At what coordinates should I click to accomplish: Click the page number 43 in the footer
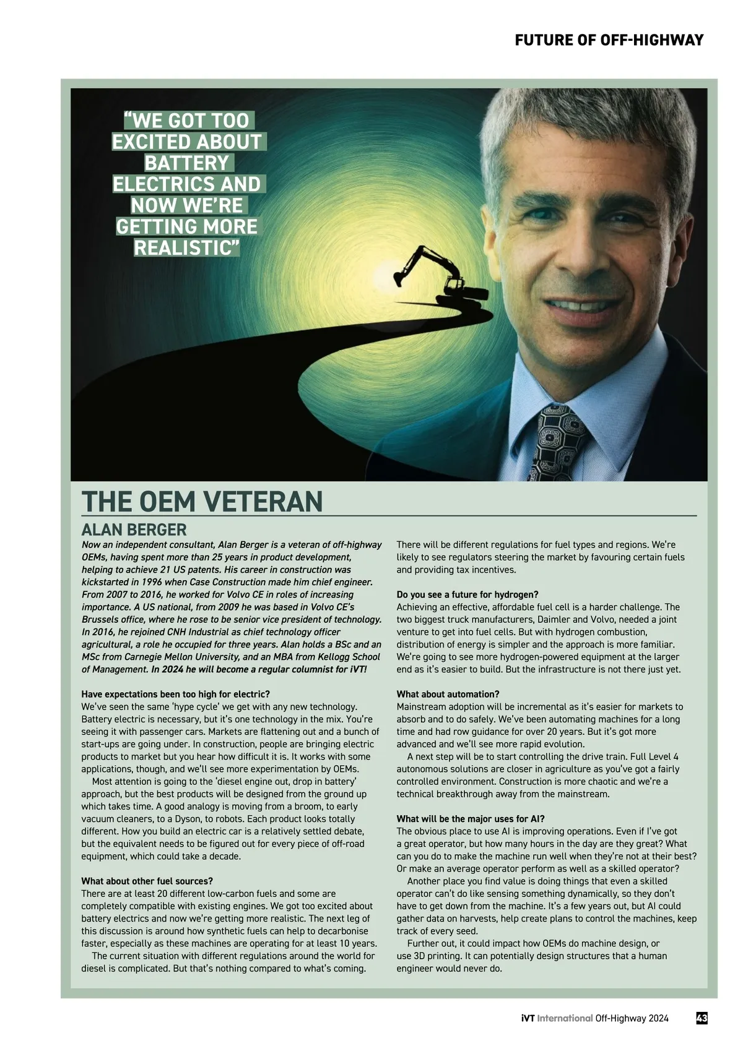click(702, 1018)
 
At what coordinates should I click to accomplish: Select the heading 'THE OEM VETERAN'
click(202, 501)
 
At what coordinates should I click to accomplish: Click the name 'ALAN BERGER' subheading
click(134, 530)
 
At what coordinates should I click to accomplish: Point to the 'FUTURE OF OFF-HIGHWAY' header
click(609, 40)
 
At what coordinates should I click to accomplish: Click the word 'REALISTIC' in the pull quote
click(186, 248)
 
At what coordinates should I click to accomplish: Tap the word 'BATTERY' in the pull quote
click(186, 163)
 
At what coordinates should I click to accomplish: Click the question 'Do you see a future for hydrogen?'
click(467, 594)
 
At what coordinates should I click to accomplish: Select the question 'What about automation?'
click(448, 694)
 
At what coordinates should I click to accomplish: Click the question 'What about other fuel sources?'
click(147, 881)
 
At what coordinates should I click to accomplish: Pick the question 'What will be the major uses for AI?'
click(471, 819)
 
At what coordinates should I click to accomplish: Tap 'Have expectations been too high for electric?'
click(176, 694)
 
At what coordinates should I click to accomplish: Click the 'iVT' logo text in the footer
click(528, 1018)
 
